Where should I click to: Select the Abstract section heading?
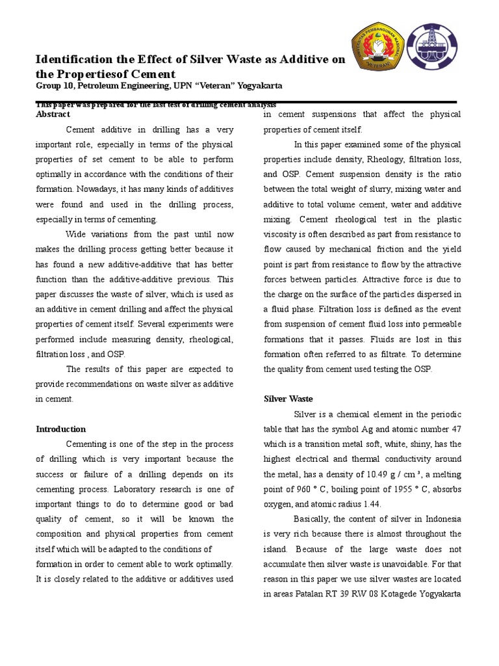(53, 114)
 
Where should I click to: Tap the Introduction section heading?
(60, 429)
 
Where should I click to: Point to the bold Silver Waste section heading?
(288, 399)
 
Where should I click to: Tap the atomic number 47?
(455, 429)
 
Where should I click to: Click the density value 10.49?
(361, 473)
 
